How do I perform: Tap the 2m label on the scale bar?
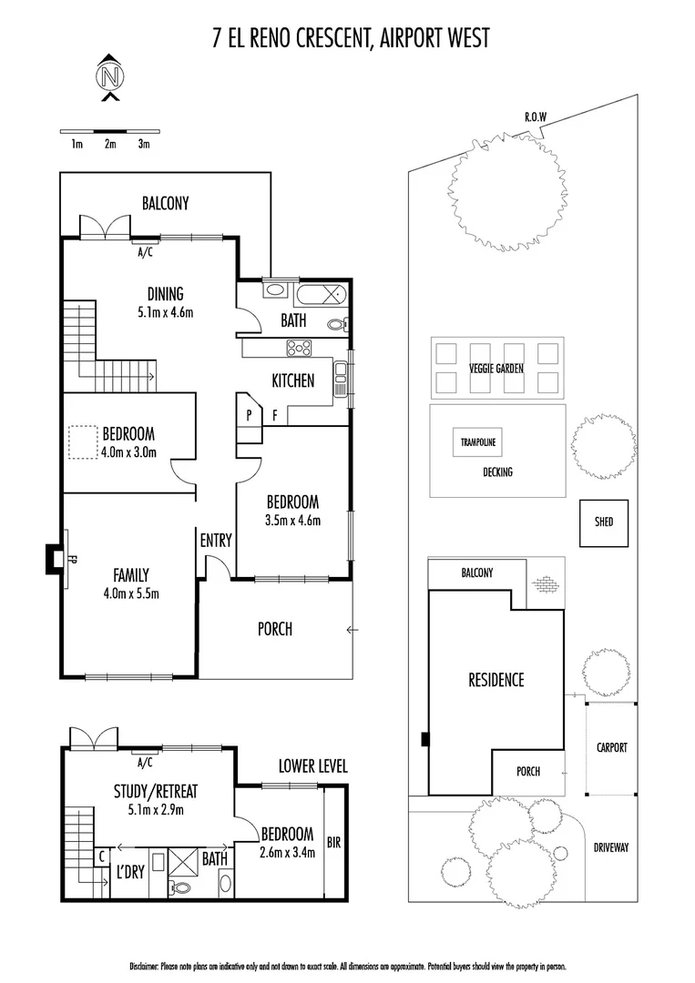[110, 144]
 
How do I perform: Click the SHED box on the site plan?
[603, 522]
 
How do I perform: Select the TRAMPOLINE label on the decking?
[477, 442]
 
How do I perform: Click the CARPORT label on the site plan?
[611, 747]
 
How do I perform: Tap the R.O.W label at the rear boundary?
[535, 117]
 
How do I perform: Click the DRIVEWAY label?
[611, 847]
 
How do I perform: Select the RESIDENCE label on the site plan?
[496, 679]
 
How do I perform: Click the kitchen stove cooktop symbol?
[300, 347]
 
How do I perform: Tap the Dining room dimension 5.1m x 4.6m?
[166, 312]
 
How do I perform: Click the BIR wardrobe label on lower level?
[333, 843]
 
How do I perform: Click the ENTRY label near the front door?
[216, 540]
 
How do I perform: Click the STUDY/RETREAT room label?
[156, 790]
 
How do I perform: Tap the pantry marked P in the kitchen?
[247, 414]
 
